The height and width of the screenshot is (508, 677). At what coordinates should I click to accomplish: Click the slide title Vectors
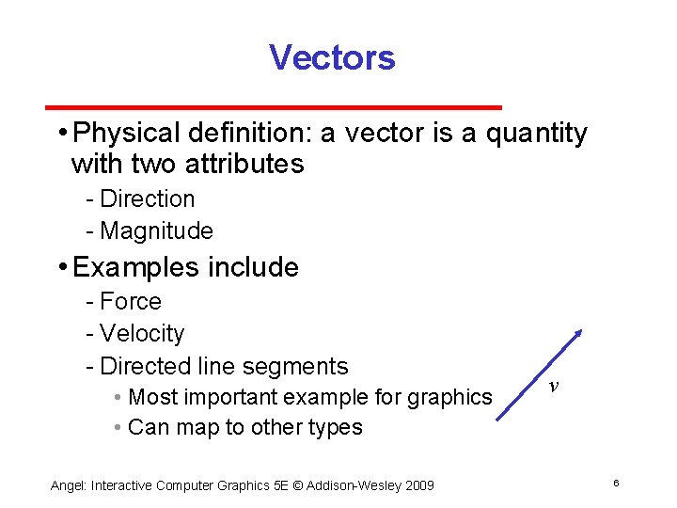[x=332, y=57]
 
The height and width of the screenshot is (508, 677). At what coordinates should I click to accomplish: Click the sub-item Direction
[x=147, y=199]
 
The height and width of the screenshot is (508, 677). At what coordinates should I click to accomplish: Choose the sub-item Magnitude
[x=156, y=230]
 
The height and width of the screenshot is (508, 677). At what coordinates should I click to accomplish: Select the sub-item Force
[x=131, y=302]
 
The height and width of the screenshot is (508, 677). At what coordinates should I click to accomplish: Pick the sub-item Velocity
[x=142, y=334]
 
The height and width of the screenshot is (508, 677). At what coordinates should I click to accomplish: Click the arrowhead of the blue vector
[x=579, y=334]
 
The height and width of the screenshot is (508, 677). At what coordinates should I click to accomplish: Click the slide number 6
[x=615, y=484]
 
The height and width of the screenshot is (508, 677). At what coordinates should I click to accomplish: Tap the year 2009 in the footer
[x=417, y=485]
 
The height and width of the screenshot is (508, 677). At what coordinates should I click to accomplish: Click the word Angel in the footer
[x=67, y=485]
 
